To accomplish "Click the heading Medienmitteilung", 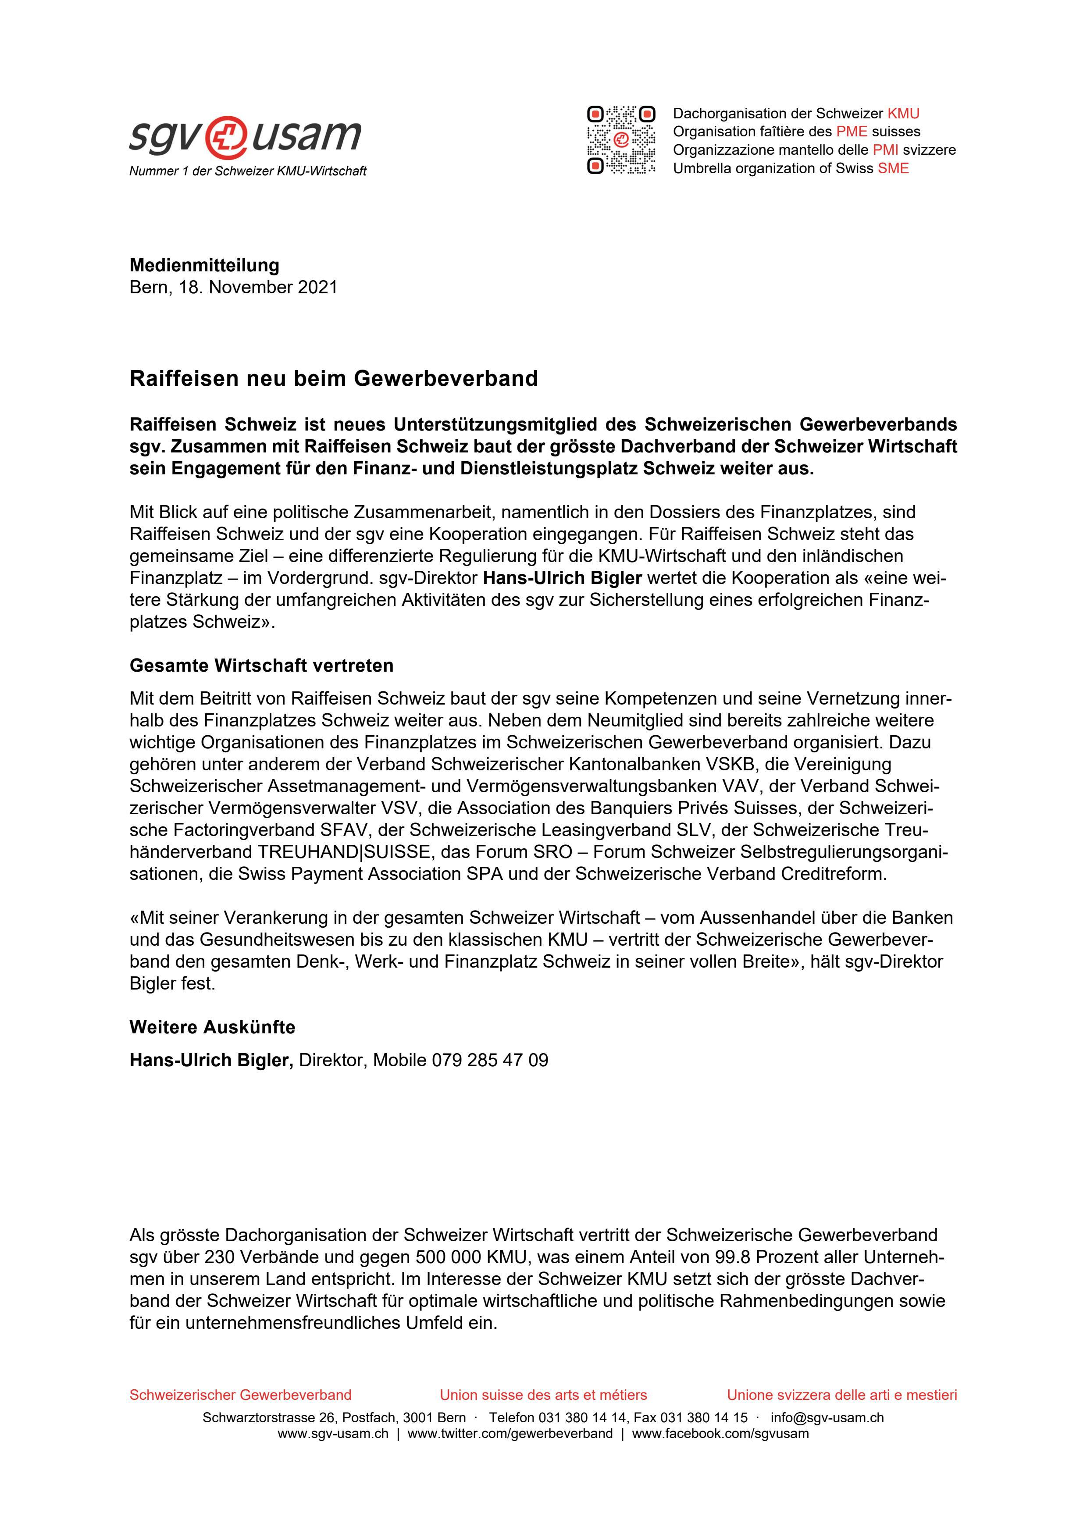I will [x=204, y=265].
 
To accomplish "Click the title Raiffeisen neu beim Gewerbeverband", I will [x=334, y=378].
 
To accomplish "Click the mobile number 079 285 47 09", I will [x=490, y=1061].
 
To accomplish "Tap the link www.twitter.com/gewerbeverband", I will [x=510, y=1434].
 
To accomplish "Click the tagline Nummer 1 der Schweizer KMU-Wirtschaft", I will [x=248, y=171].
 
